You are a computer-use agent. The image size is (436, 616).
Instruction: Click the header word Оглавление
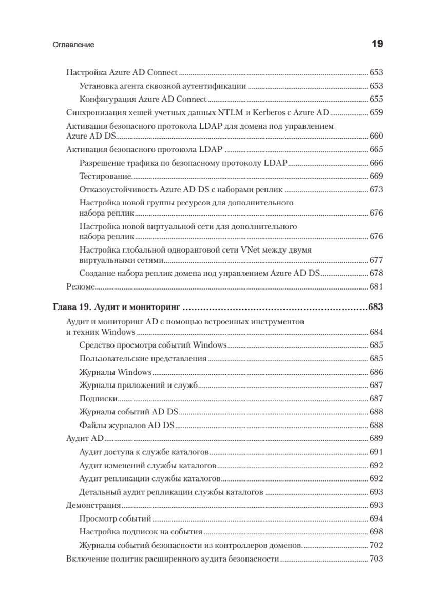click(73, 45)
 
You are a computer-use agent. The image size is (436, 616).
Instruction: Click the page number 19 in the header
click(377, 44)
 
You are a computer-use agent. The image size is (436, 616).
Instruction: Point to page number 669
click(376, 176)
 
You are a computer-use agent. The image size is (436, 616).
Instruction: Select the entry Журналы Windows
click(116, 371)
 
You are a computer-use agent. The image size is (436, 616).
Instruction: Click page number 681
click(376, 286)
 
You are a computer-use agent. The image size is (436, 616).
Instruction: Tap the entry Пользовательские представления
click(143, 358)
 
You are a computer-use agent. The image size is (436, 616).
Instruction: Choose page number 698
click(376, 531)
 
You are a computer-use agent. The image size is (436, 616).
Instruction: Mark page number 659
click(376, 112)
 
